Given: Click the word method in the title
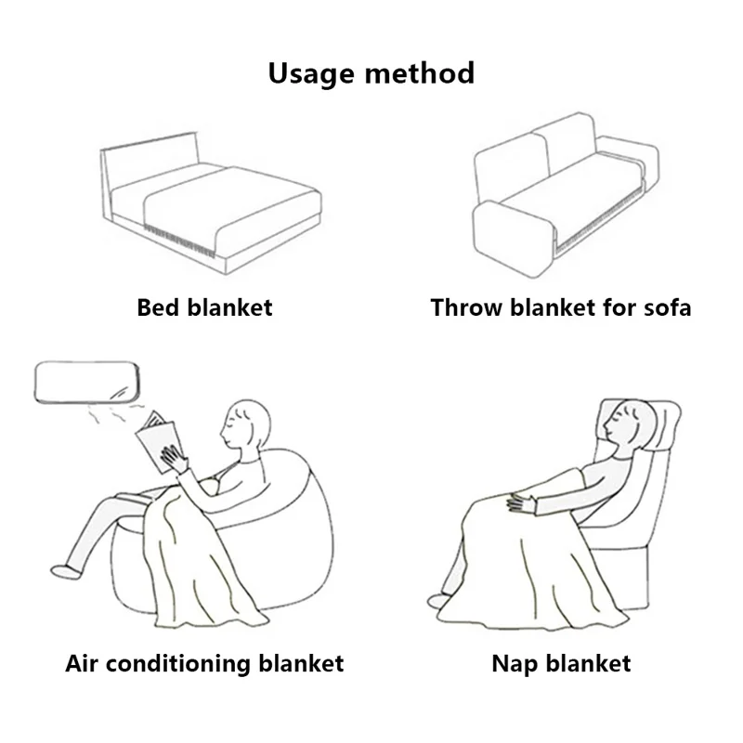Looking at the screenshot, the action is (x=420, y=73).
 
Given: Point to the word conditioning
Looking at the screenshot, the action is (x=178, y=664).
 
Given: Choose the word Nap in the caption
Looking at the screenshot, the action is (x=515, y=664).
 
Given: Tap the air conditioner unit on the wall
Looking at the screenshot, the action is (x=86, y=383).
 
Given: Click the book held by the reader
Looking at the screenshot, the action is (x=158, y=441).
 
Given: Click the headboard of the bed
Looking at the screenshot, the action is (x=150, y=161).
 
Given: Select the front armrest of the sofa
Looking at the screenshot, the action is (x=514, y=239).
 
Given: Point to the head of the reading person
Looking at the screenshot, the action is (x=246, y=424).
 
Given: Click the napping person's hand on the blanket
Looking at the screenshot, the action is (x=521, y=502).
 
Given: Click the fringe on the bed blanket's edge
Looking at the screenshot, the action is (x=178, y=241).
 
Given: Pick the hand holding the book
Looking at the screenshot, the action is (x=174, y=458).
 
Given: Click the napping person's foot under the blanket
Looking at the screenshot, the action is (x=437, y=600).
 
